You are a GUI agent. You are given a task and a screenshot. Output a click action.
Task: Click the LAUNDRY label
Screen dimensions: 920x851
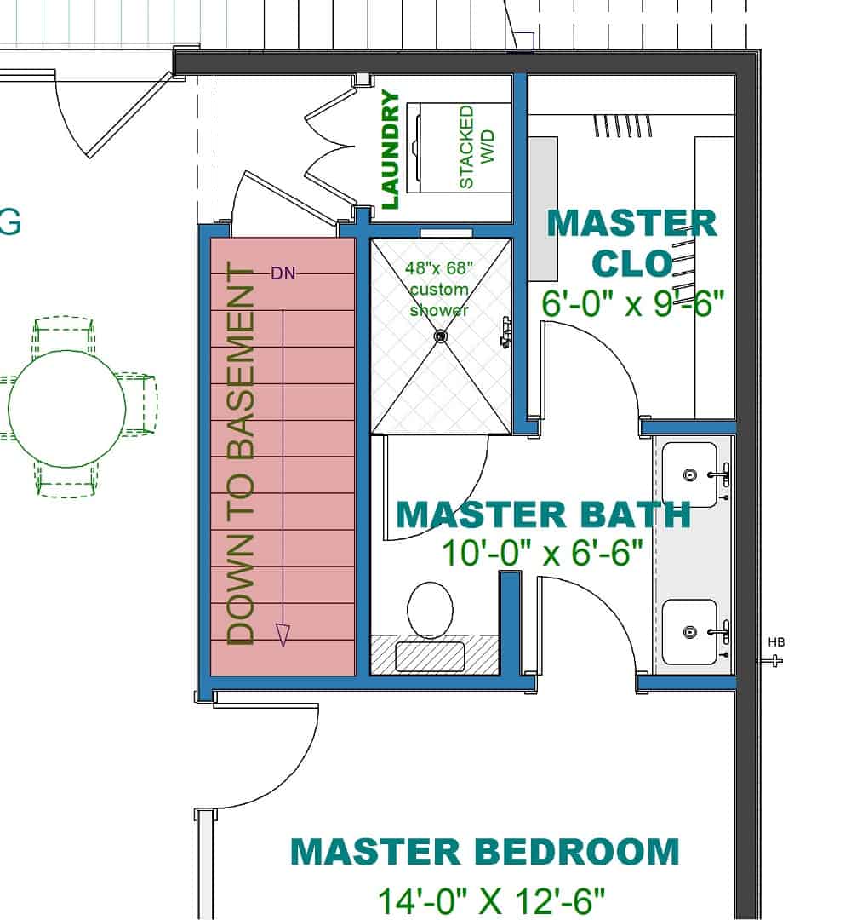point(390,150)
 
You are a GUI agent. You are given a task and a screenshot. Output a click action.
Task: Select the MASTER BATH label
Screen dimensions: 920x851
point(543,515)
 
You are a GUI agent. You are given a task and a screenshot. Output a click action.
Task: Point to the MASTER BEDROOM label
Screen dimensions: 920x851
point(485,851)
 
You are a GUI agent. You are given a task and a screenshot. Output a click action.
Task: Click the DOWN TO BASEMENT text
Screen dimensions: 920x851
point(243,455)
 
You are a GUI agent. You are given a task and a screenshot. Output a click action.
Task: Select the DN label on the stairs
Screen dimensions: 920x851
point(283,273)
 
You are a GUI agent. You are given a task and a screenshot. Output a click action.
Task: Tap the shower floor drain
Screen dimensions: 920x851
point(440,337)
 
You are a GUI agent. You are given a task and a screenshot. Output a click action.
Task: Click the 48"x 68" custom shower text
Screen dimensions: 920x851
point(439,289)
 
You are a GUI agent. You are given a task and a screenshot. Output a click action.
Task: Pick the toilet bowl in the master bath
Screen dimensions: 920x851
point(431,609)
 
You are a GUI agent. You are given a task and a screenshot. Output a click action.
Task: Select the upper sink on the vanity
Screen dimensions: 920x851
point(691,474)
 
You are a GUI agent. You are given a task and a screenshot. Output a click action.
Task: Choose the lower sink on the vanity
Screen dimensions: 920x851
point(691,631)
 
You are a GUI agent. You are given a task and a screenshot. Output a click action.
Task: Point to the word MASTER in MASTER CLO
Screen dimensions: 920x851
point(631,224)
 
